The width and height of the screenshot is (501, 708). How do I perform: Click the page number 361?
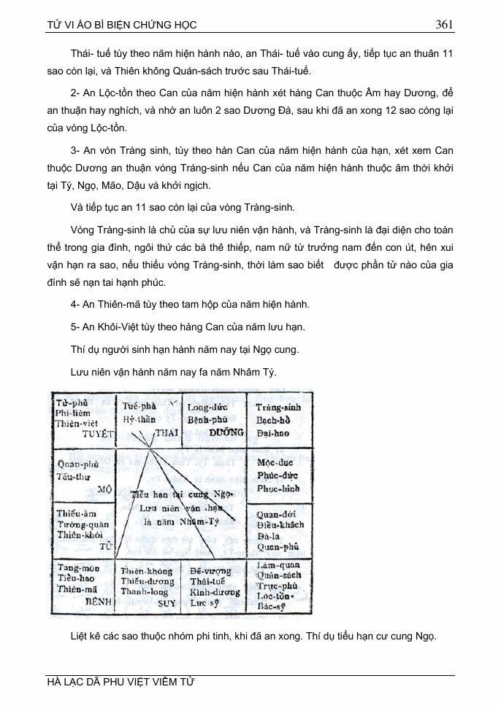[445, 24]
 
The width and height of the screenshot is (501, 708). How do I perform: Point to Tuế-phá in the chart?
[140, 405]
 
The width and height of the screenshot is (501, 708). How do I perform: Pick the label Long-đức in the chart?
[208, 408]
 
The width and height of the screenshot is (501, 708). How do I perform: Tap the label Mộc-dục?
[275, 463]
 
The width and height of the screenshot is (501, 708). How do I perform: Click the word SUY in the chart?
[167, 603]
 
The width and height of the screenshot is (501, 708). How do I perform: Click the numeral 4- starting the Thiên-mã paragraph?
[76, 304]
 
